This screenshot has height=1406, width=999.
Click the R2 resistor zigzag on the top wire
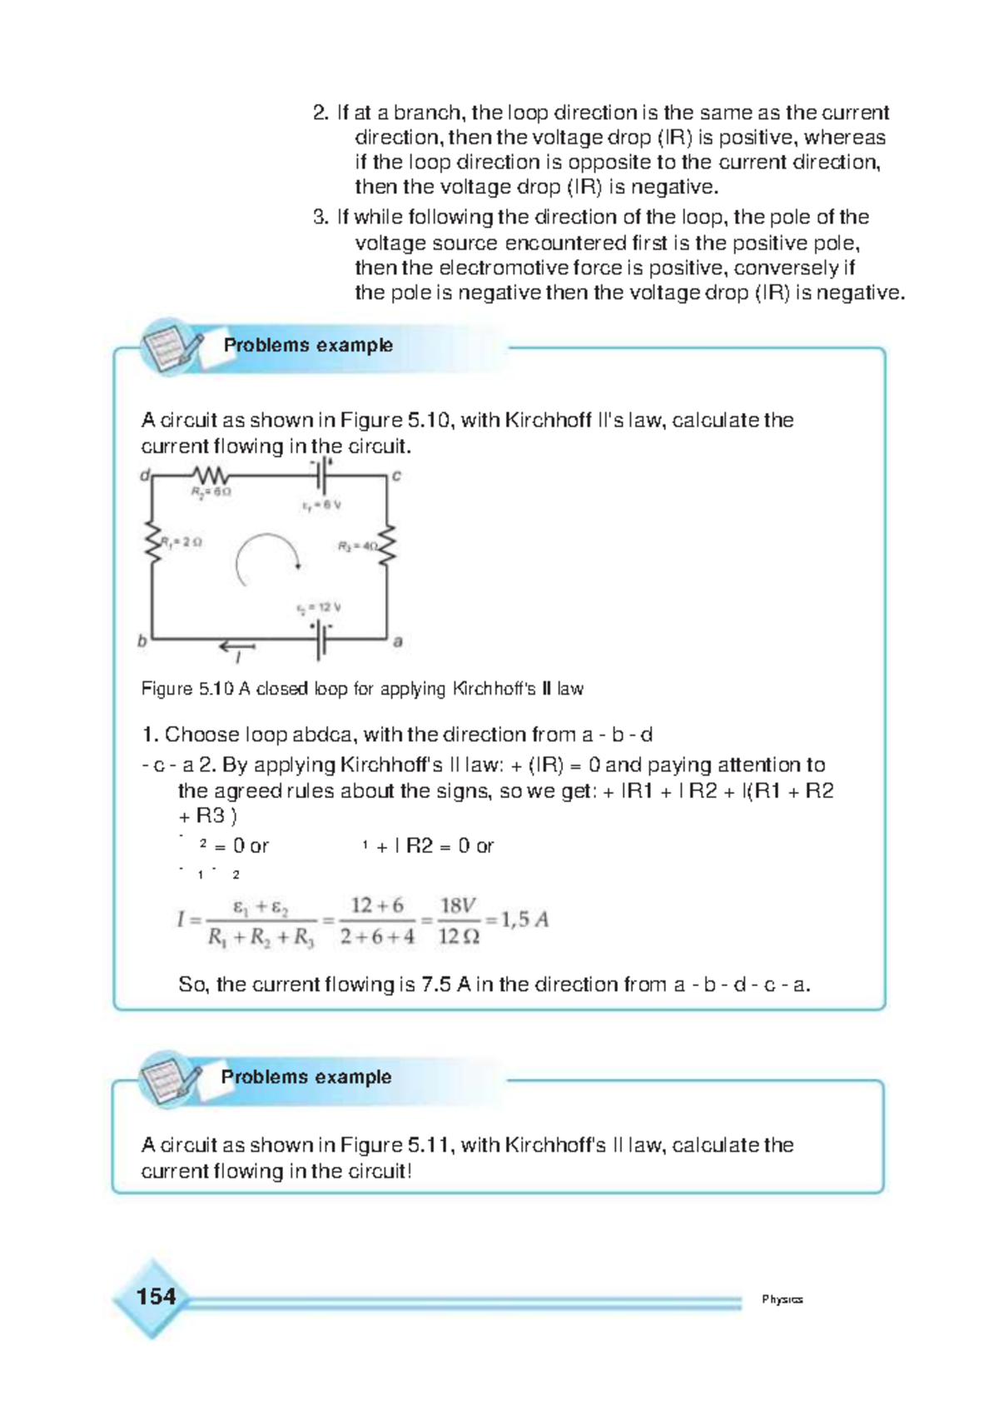click(x=211, y=476)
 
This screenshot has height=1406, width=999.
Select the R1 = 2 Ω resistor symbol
click(x=152, y=542)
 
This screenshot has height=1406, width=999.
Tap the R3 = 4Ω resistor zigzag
click(x=387, y=546)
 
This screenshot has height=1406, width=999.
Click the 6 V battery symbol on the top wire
click(x=322, y=477)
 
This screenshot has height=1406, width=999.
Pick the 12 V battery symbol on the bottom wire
click(x=321, y=641)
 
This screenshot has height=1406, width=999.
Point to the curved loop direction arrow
click(x=266, y=559)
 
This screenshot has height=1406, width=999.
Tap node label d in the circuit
click(x=145, y=476)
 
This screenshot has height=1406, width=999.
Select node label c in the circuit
click(x=396, y=476)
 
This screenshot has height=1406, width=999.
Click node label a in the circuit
click(x=397, y=641)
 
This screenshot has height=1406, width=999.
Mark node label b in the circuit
click(x=142, y=641)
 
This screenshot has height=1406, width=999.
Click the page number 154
click(x=156, y=1297)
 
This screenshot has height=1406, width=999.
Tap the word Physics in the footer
click(x=782, y=1299)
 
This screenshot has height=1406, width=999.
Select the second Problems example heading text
click(x=306, y=1077)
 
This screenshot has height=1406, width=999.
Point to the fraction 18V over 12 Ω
click(x=459, y=920)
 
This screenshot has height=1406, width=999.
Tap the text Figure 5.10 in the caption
click(x=187, y=689)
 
